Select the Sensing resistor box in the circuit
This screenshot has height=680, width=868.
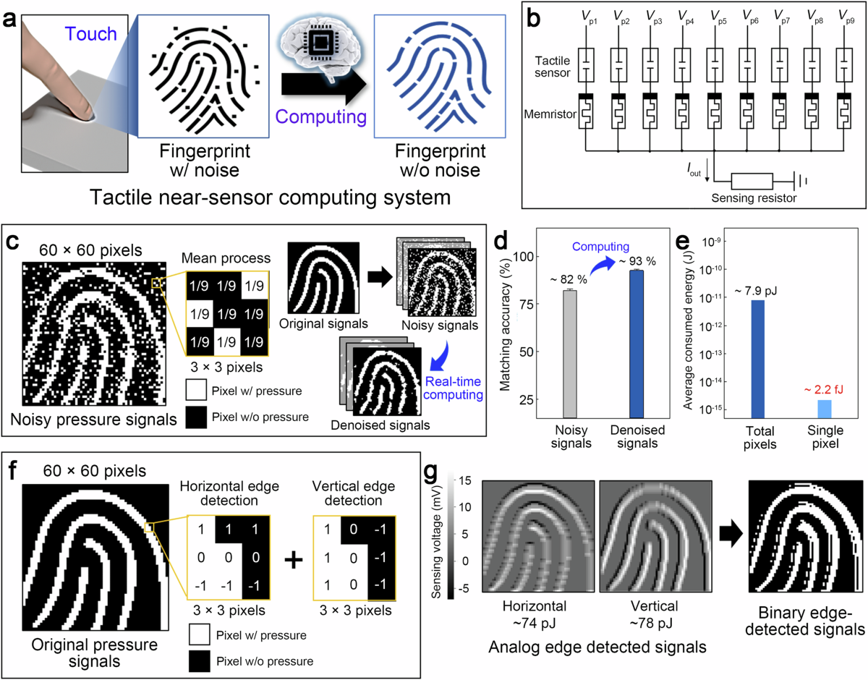(x=752, y=181)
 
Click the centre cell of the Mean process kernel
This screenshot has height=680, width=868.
(x=228, y=315)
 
